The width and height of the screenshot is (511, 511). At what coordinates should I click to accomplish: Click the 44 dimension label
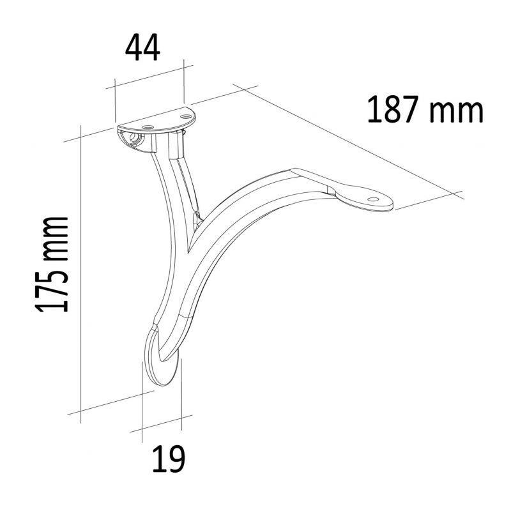click(x=142, y=48)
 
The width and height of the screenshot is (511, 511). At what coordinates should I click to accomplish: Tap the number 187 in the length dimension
click(x=393, y=109)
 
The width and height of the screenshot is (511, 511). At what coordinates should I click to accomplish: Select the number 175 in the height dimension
click(x=52, y=288)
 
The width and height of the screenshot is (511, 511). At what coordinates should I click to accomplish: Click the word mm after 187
click(x=455, y=112)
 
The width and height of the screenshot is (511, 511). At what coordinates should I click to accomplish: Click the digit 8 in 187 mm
click(x=393, y=109)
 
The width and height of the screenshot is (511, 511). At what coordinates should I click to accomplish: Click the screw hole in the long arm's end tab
click(x=373, y=199)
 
